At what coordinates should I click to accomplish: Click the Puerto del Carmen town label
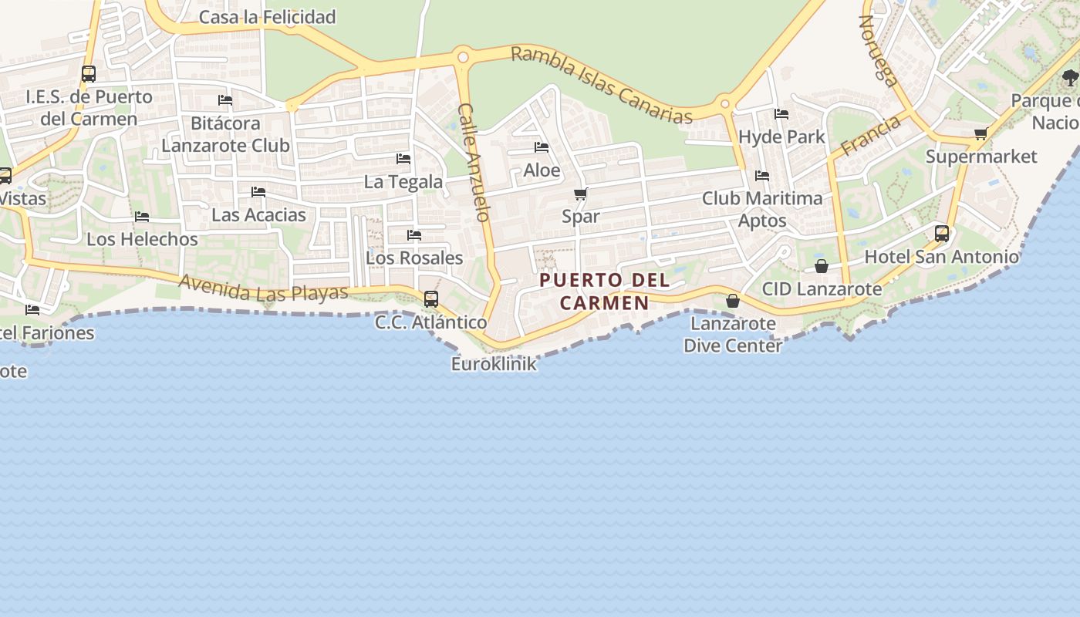tap(605, 291)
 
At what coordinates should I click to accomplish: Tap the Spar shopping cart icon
tap(580, 194)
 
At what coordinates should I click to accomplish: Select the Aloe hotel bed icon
tap(542, 147)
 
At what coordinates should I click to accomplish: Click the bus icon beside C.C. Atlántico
tap(431, 298)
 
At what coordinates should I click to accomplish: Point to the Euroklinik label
tap(494, 364)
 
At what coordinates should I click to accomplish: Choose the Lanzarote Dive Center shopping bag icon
tap(733, 301)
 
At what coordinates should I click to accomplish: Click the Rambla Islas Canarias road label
tap(602, 85)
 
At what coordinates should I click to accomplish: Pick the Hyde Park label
tap(781, 137)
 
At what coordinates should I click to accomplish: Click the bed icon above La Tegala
tap(403, 159)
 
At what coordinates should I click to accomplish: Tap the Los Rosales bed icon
tap(414, 234)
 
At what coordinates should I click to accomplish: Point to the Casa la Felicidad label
tap(267, 17)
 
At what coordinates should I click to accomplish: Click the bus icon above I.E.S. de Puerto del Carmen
tap(89, 74)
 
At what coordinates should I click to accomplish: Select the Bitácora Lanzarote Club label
tap(225, 134)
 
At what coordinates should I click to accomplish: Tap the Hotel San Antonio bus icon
tap(942, 233)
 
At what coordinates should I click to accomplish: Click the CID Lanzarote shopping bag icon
tap(822, 266)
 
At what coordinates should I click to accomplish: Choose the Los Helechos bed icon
tap(142, 217)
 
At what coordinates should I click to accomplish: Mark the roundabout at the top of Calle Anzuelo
tap(463, 56)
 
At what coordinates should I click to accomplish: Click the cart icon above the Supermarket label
tap(980, 134)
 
